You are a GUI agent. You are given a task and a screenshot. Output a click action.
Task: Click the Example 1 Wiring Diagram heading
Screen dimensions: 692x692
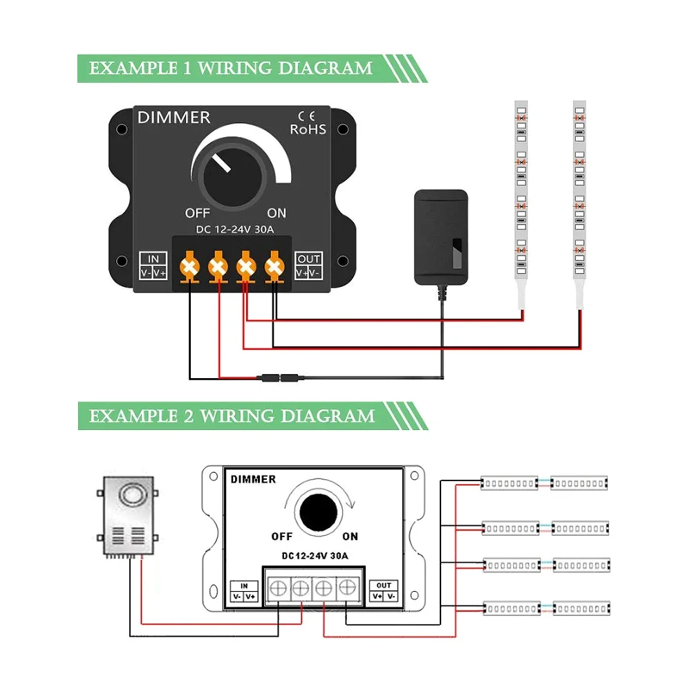pos(231,68)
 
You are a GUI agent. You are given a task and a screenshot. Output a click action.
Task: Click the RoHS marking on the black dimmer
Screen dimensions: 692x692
pos(308,129)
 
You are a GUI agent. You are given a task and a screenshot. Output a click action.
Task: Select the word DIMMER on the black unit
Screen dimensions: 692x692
pos(174,118)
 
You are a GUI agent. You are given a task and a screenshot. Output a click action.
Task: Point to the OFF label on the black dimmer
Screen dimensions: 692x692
pos(197,213)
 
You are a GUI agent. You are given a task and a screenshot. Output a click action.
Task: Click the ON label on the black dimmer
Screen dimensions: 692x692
pos(277,213)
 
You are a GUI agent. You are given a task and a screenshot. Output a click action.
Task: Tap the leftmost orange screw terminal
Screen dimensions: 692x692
pos(189,267)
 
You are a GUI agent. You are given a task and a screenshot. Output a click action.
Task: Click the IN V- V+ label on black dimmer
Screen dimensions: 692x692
pos(153,266)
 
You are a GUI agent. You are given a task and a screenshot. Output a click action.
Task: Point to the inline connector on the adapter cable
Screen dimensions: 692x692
pos(280,378)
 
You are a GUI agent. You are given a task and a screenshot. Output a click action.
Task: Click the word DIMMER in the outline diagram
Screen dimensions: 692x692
pos(253,479)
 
